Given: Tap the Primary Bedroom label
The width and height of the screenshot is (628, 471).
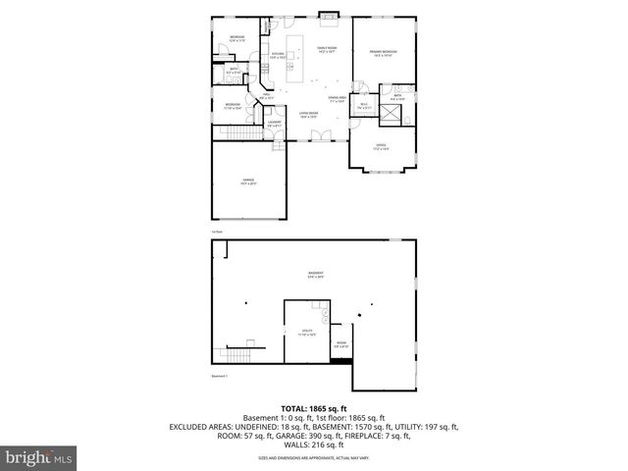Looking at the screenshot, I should coord(383,52).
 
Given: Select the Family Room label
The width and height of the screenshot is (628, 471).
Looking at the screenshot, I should coord(326,51).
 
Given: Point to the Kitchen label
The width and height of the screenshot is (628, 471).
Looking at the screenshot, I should coord(278,56).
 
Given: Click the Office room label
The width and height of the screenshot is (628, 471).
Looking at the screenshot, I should coord(381,147).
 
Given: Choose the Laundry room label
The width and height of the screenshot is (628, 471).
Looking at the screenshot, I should coord(275,124).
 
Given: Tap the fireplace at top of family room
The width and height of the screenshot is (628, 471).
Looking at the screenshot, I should coord(328,16).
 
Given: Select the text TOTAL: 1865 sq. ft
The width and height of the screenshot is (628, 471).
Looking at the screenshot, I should coord(314,407).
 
